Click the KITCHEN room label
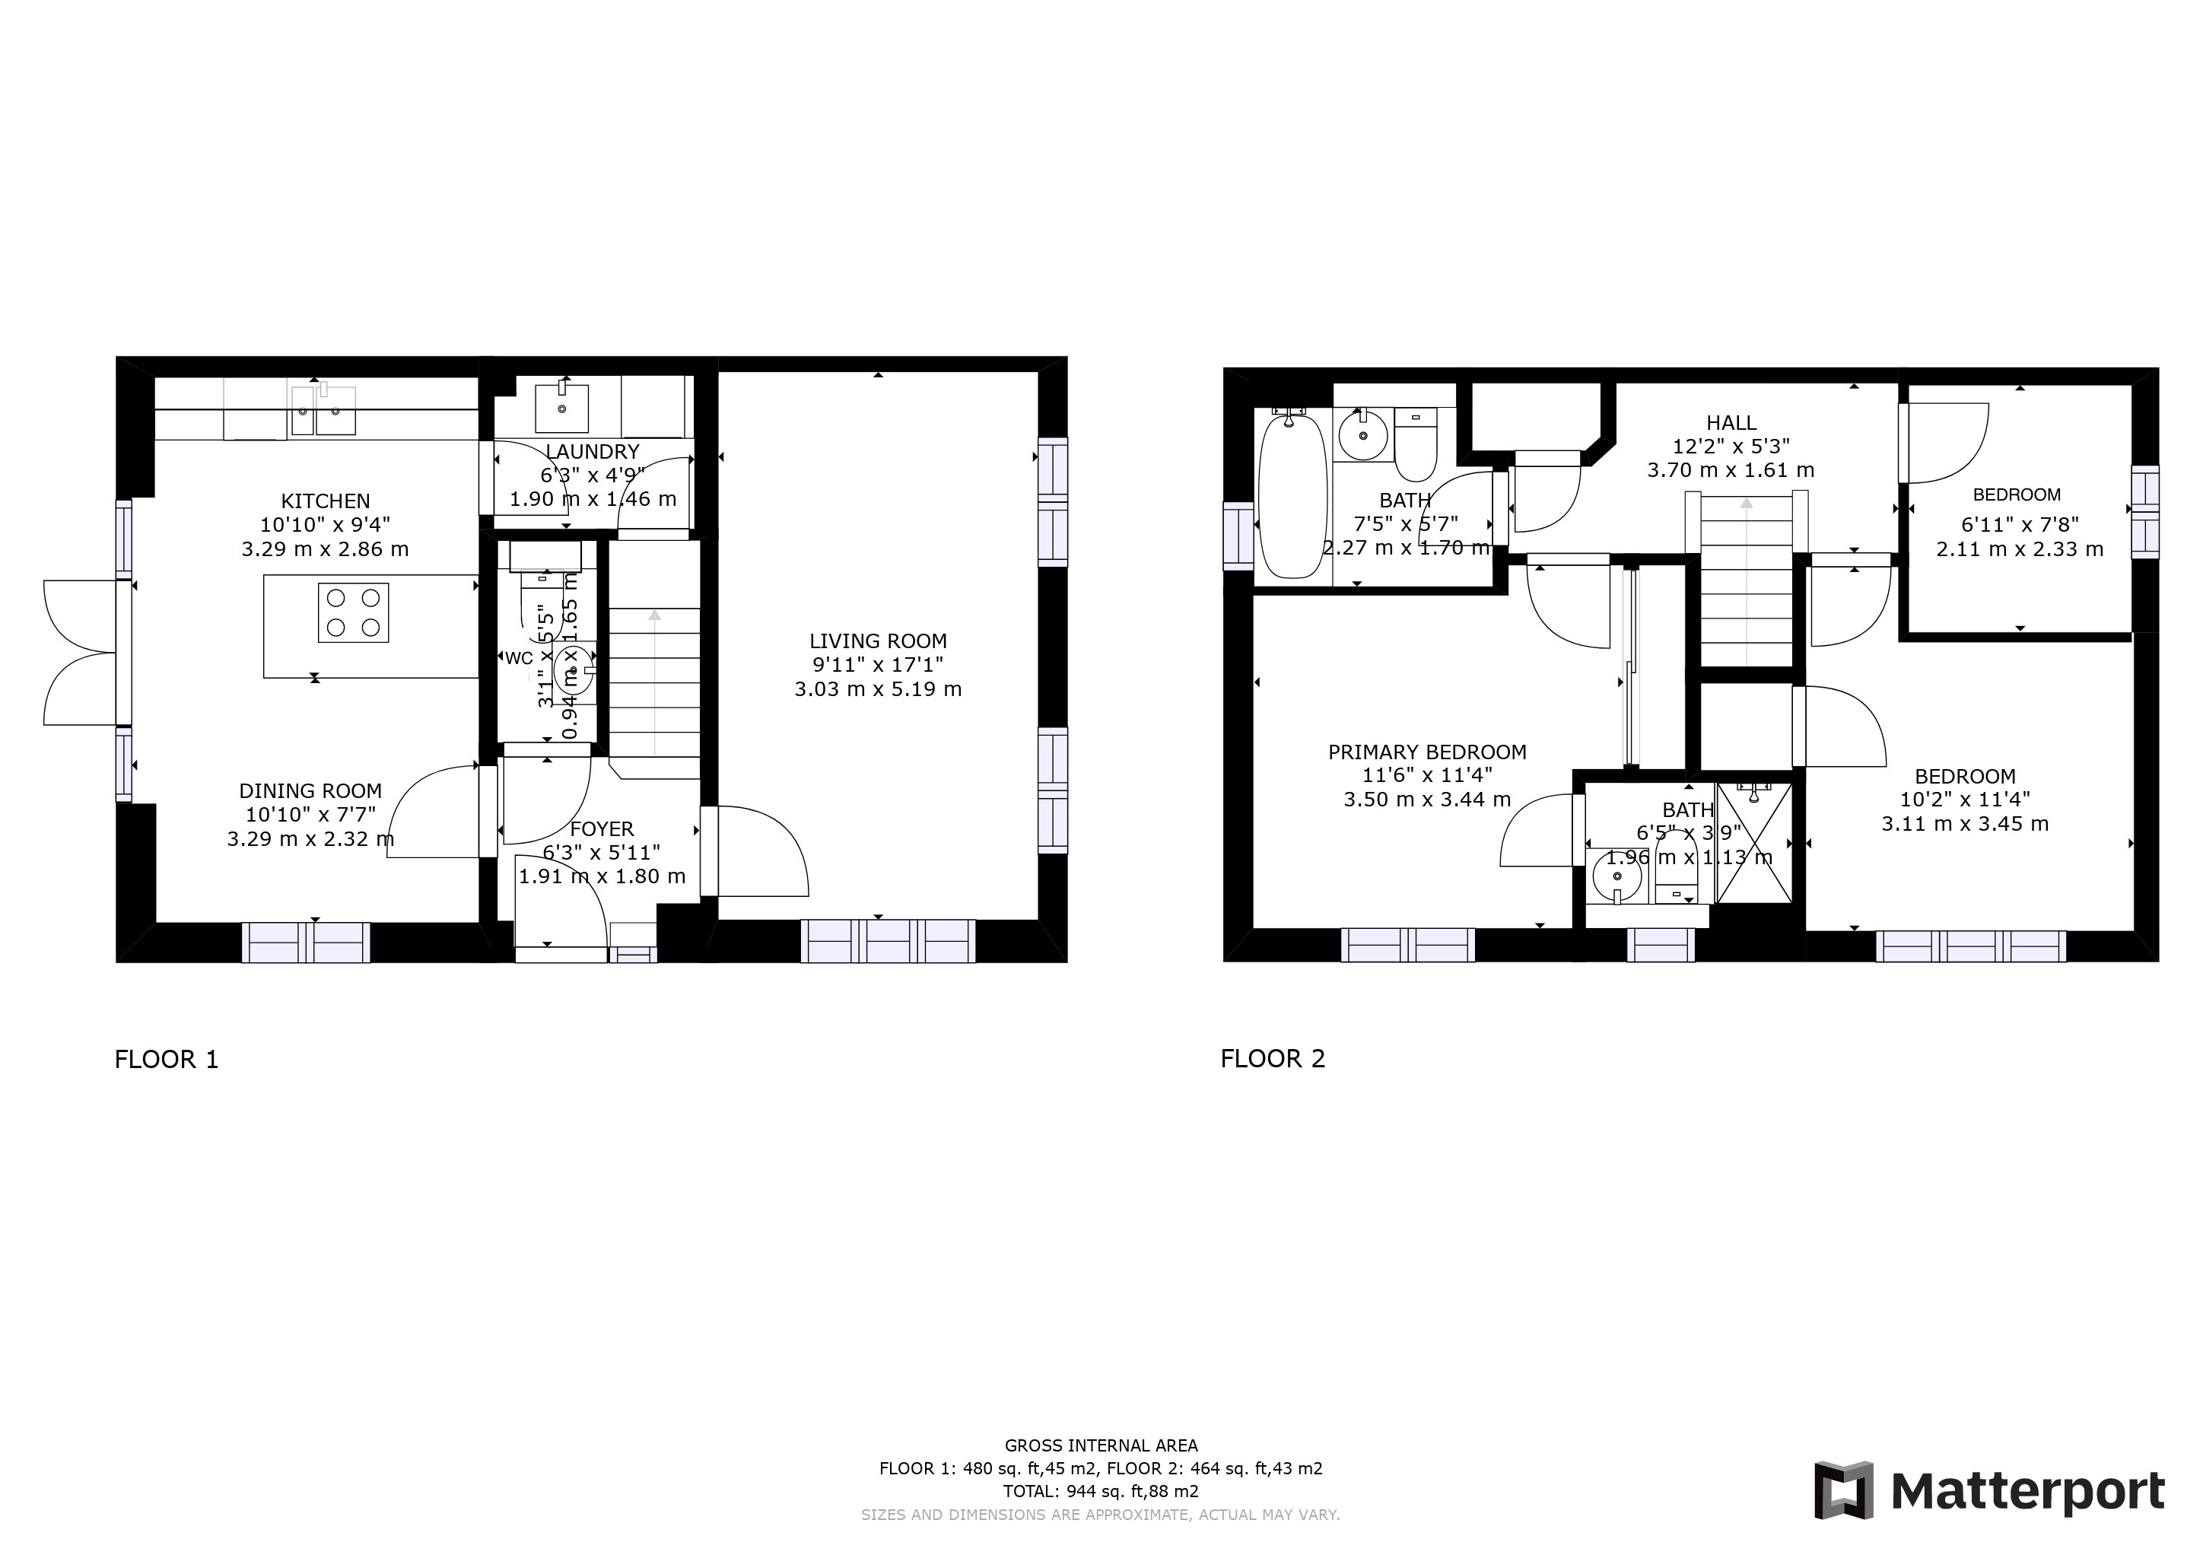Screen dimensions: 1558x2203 point(326,501)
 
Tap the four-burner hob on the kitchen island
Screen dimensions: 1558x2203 point(353,613)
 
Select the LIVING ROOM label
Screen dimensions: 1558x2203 point(877,641)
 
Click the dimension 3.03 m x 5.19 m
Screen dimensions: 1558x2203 point(877,688)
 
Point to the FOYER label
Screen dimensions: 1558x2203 point(602,829)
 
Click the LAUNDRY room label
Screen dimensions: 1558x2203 point(592,452)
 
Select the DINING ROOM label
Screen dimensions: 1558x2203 point(310,790)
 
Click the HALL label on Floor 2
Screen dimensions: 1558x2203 point(1731,422)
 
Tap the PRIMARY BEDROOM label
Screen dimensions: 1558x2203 point(1427,752)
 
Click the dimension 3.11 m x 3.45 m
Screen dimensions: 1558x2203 point(1964,823)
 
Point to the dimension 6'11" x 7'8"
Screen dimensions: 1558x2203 point(2018,525)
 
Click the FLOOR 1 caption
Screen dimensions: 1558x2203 point(167,1060)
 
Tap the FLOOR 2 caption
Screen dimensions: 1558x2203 point(1273,1059)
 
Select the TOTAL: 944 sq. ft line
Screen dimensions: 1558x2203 point(1101,1491)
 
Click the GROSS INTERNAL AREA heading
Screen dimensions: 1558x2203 point(1101,1445)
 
